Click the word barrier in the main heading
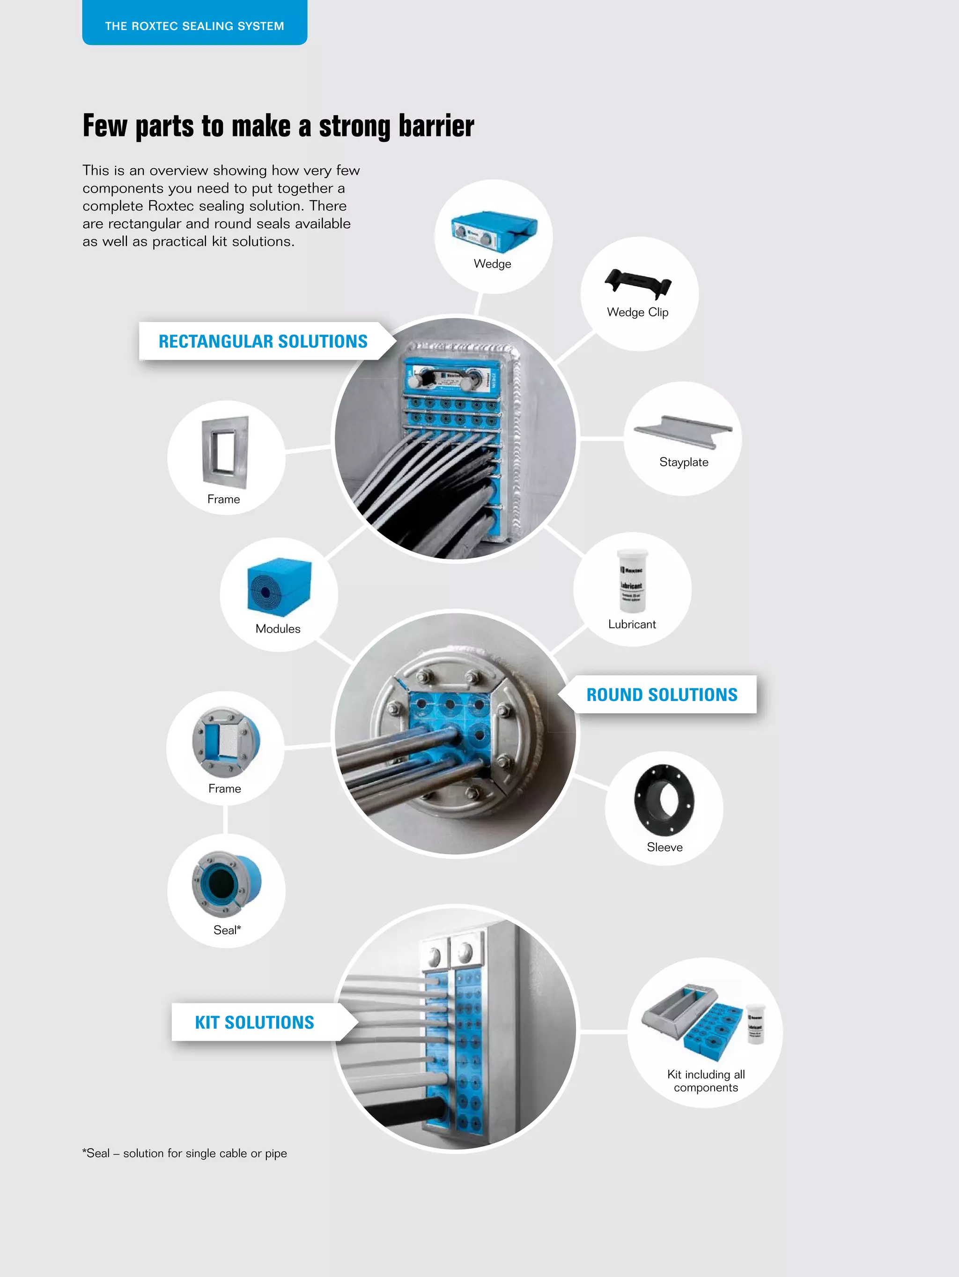click(x=436, y=126)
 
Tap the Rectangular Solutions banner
click(x=263, y=341)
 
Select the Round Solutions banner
click(x=662, y=695)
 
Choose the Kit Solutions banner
click(x=254, y=1023)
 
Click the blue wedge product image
click(x=494, y=232)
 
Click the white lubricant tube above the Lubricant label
click(x=633, y=581)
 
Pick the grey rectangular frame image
click(x=225, y=451)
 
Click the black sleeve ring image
click(x=664, y=800)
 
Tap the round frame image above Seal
click(x=226, y=742)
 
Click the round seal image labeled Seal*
click(x=226, y=883)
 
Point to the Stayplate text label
click(x=684, y=462)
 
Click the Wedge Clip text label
click(x=638, y=312)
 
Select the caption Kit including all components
click(x=706, y=1081)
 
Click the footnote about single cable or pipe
click(x=184, y=1153)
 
